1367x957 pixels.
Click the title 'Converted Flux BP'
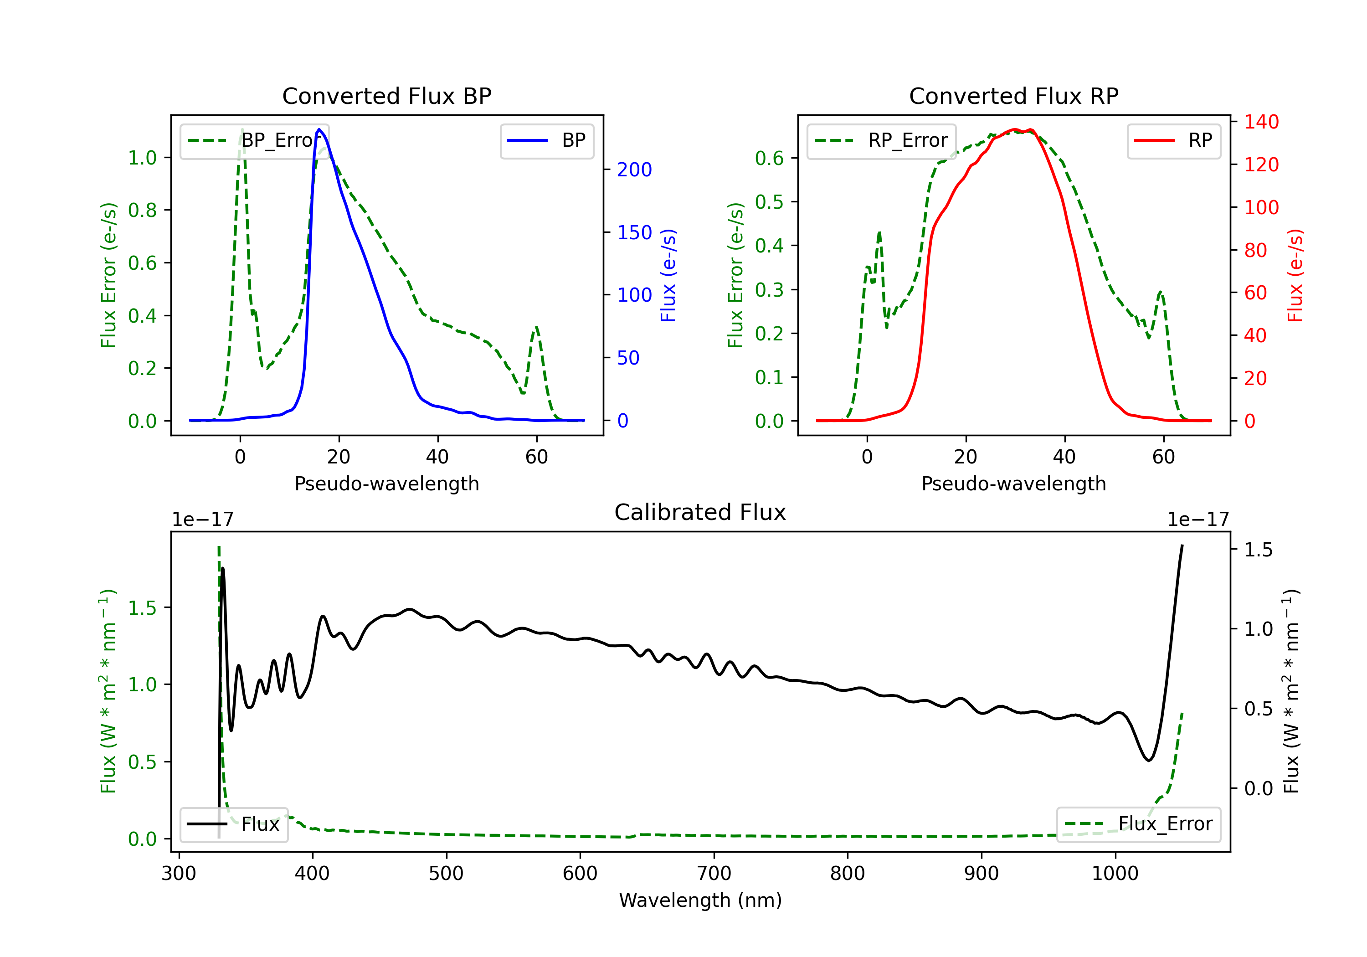387,96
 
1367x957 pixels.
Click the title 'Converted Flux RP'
1014,96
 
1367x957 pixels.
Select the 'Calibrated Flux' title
700,512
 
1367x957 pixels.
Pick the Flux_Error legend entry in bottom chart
1138,824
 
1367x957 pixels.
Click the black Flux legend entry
233,824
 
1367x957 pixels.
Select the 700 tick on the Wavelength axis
714,874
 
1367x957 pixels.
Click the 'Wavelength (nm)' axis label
700,900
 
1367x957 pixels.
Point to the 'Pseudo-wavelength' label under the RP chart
1014,484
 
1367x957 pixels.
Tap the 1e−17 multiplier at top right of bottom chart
1198,520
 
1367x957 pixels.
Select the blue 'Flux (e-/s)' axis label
668,276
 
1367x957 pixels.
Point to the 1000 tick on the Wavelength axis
1115,874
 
